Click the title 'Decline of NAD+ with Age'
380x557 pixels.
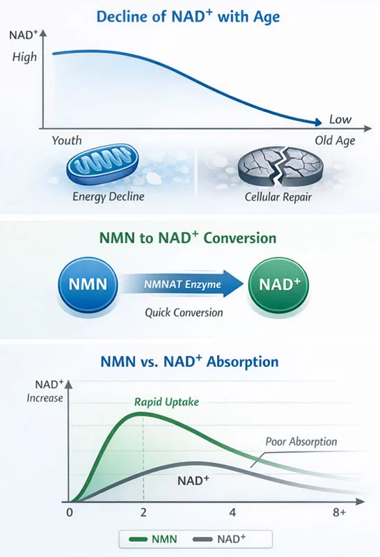coord(189,16)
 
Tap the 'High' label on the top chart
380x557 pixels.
coord(24,57)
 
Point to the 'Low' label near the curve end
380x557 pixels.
coord(340,119)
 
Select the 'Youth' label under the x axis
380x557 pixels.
coord(67,141)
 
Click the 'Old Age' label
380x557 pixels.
coord(335,141)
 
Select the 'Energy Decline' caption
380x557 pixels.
coord(108,197)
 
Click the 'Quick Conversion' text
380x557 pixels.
coord(184,313)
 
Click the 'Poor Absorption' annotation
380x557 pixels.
coord(301,441)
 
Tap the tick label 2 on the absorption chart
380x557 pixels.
coord(143,513)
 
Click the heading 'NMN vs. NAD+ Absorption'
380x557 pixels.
coord(189,362)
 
